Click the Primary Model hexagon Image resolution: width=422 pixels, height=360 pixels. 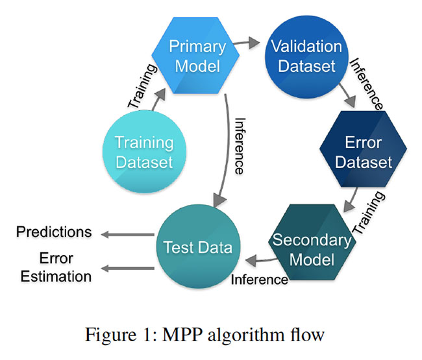point(197,56)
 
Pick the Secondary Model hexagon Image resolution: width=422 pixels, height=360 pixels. point(312,249)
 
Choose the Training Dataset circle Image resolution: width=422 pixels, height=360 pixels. point(144,151)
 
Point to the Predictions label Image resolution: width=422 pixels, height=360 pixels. point(55,232)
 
